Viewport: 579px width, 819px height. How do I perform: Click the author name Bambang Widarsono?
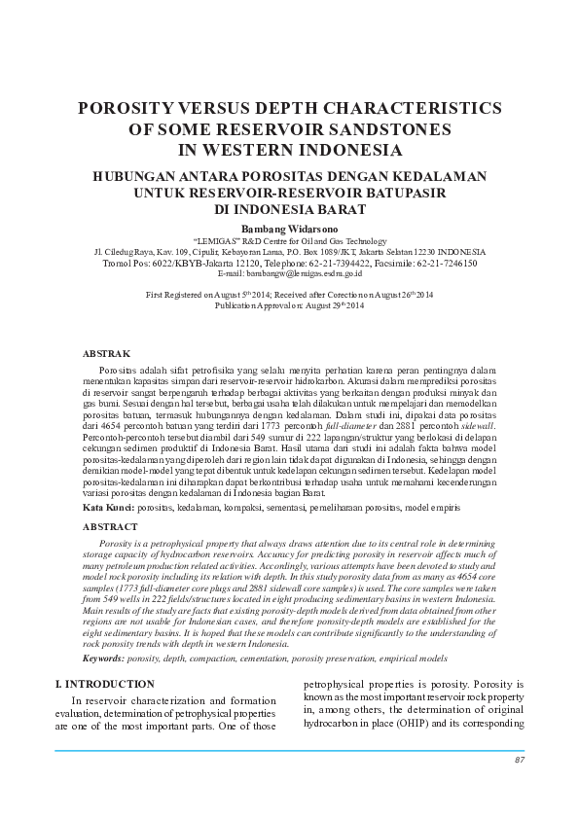289,227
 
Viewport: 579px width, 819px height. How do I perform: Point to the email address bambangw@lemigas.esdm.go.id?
290,273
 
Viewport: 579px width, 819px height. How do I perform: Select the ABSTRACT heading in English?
110,526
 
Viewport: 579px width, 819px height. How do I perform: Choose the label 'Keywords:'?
104,659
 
